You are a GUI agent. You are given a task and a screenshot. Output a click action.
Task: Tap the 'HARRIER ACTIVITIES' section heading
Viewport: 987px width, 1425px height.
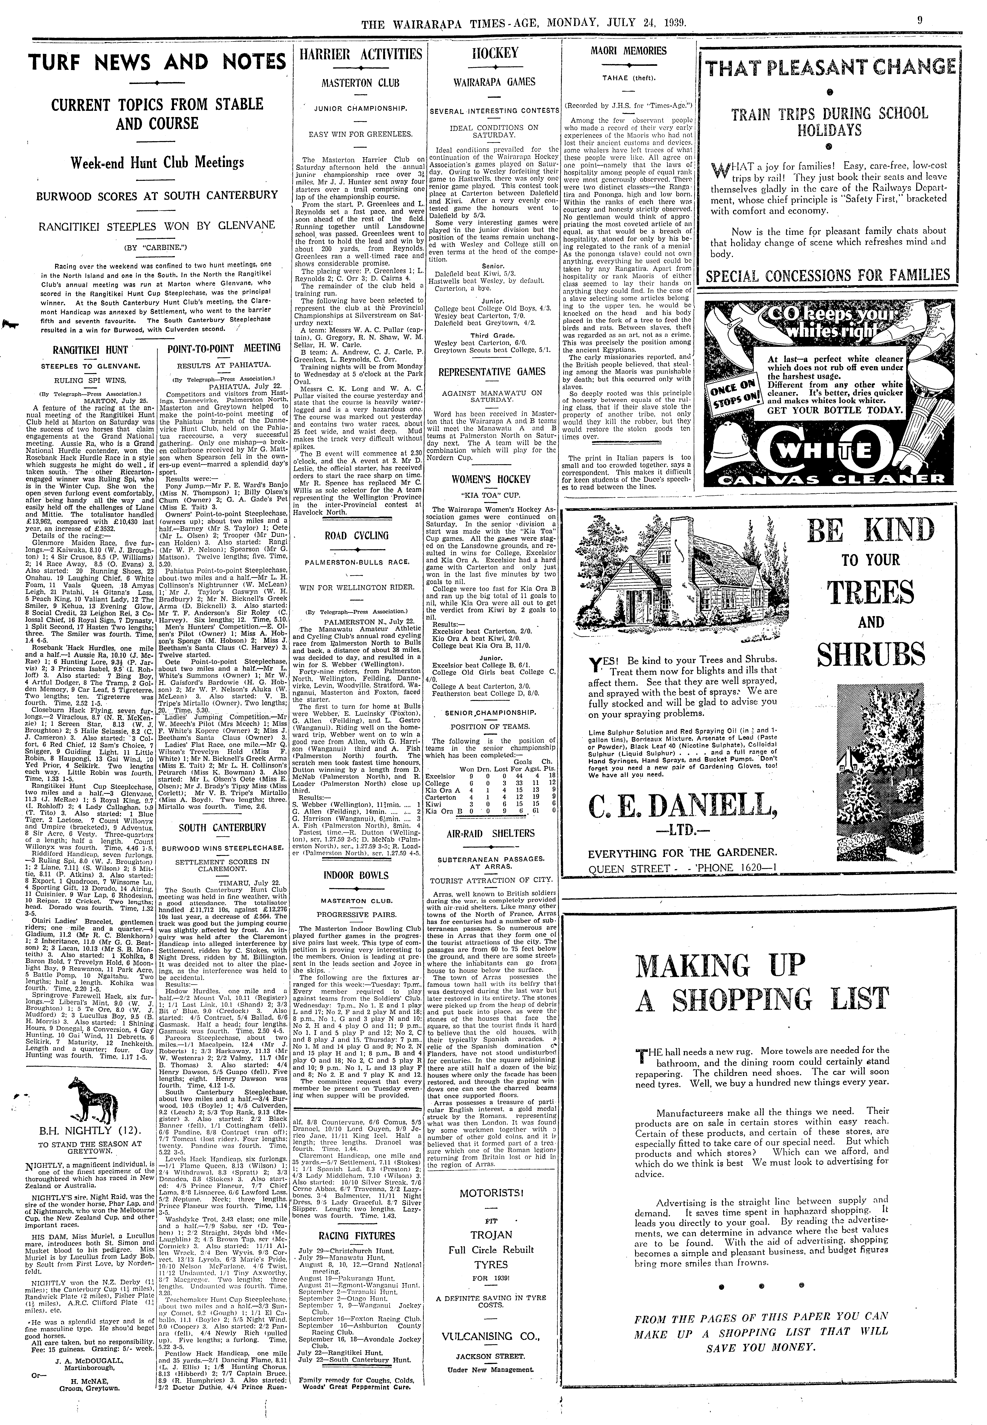pos(361,54)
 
